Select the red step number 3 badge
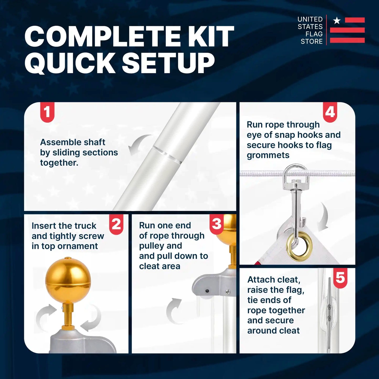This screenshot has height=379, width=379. [x=217, y=224]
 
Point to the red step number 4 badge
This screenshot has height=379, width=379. [x=330, y=112]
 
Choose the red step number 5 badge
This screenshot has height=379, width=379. [x=340, y=277]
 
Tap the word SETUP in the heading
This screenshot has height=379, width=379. [x=168, y=63]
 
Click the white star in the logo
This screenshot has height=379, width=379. [x=337, y=21]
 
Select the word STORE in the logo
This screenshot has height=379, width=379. [x=312, y=41]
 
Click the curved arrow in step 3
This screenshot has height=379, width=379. [x=174, y=311]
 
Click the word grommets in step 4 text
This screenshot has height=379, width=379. [x=268, y=155]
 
